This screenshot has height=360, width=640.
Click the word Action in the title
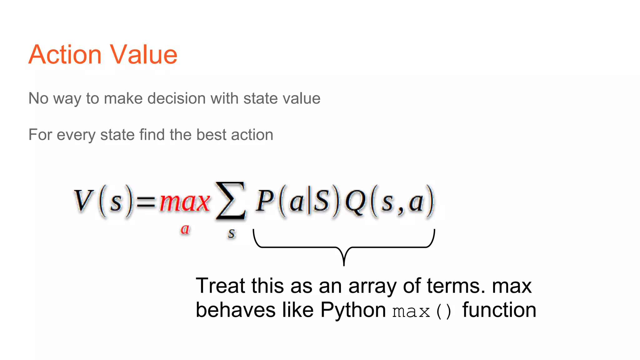[x=65, y=55]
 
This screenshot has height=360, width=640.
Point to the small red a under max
[x=185, y=229]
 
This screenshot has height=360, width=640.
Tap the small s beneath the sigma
[x=231, y=233]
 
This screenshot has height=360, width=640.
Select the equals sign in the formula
[x=146, y=202]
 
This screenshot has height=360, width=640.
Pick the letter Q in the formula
[x=355, y=202]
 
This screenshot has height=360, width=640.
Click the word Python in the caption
[x=353, y=310]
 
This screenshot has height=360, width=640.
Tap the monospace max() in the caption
[x=422, y=311]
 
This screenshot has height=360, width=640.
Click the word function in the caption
[x=499, y=310]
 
